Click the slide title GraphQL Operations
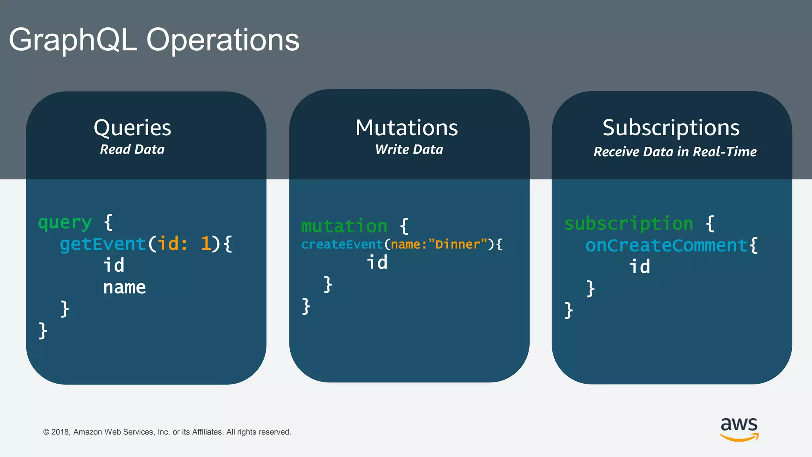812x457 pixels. click(154, 40)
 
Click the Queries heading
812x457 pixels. click(132, 128)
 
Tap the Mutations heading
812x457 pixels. click(406, 128)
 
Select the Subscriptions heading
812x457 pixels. click(671, 128)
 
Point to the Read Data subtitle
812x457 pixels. click(132, 150)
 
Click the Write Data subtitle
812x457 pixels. click(409, 150)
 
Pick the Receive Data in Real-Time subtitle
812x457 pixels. click(675, 152)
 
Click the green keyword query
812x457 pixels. click(65, 223)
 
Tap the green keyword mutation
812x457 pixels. click(344, 226)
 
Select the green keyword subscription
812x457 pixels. click(629, 224)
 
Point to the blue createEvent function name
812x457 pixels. click(342, 244)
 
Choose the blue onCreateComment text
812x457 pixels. click(666, 246)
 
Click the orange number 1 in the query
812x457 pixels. click(205, 244)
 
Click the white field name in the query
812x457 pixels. click(124, 287)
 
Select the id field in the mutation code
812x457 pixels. click(377, 263)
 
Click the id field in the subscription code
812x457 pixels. click(640, 267)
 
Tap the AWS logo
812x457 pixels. click(739, 429)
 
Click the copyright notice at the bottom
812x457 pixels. click(167, 432)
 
